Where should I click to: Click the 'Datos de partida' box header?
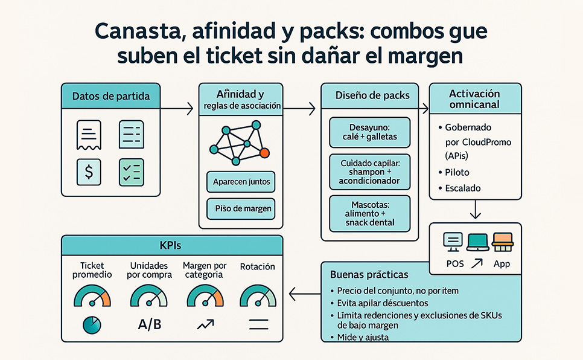pyautogui.click(x=111, y=96)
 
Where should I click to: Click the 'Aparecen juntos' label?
pyautogui.click(x=241, y=181)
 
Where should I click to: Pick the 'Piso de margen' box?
pyautogui.click(x=241, y=209)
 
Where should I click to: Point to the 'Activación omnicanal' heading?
pyautogui.click(x=475, y=99)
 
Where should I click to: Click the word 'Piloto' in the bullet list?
pyautogui.click(x=457, y=172)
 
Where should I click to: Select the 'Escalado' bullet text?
pyautogui.click(x=463, y=188)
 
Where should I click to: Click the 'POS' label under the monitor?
pyautogui.click(x=454, y=264)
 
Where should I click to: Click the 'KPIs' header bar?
pyautogui.click(x=173, y=246)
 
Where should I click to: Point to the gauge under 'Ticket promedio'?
pyautogui.click(x=92, y=297)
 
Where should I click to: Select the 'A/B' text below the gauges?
pyautogui.click(x=150, y=324)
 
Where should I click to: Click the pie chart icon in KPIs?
pyautogui.click(x=92, y=325)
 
